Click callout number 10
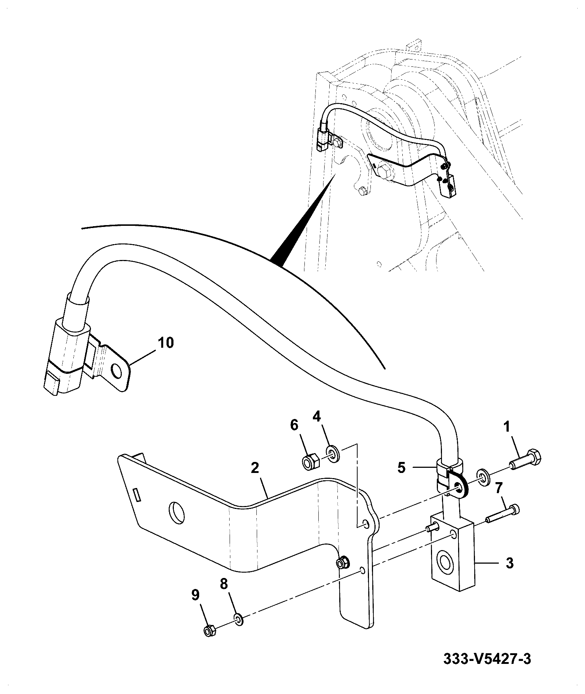pos(166,343)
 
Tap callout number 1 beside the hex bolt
pos(507,427)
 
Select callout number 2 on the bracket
pos(255,468)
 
